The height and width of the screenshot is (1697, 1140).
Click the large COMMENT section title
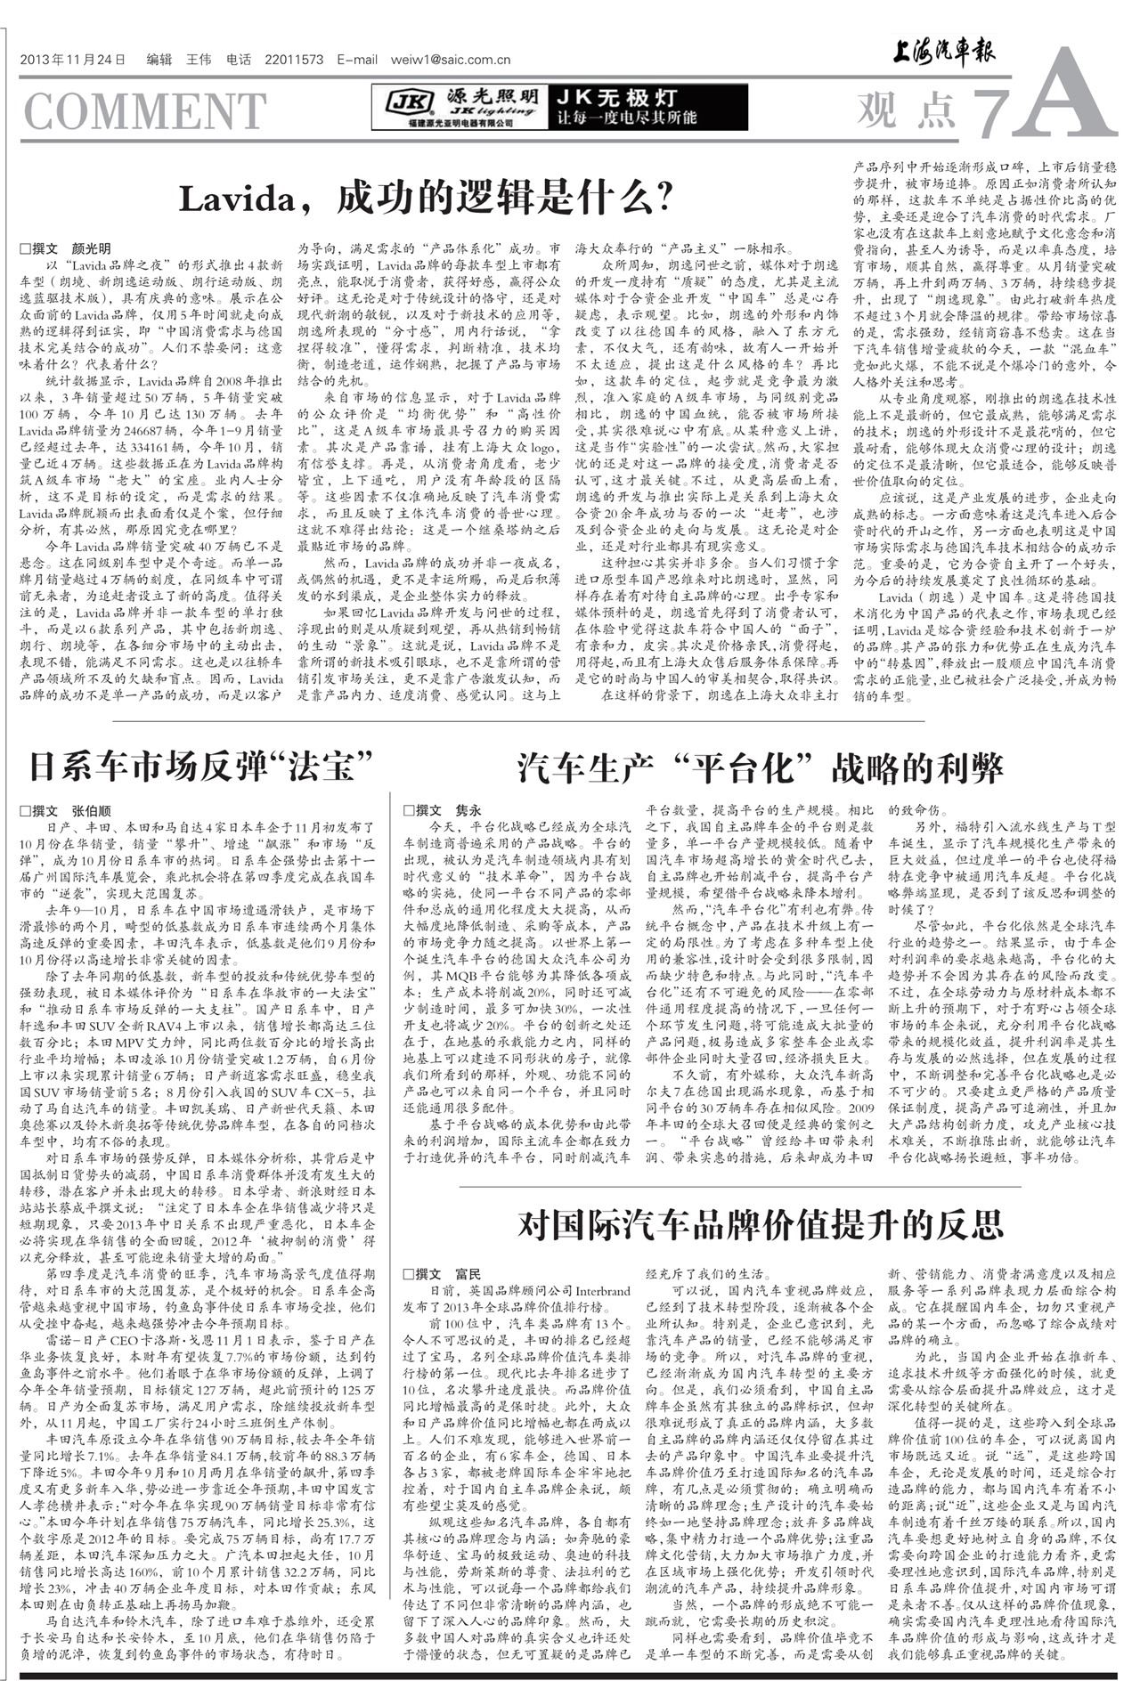pos(144,110)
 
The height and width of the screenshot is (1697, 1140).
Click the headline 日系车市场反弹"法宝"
pos(199,766)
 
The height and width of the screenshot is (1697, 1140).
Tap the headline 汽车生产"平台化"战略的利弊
pos(761,767)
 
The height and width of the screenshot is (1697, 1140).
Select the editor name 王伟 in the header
pos(199,61)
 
